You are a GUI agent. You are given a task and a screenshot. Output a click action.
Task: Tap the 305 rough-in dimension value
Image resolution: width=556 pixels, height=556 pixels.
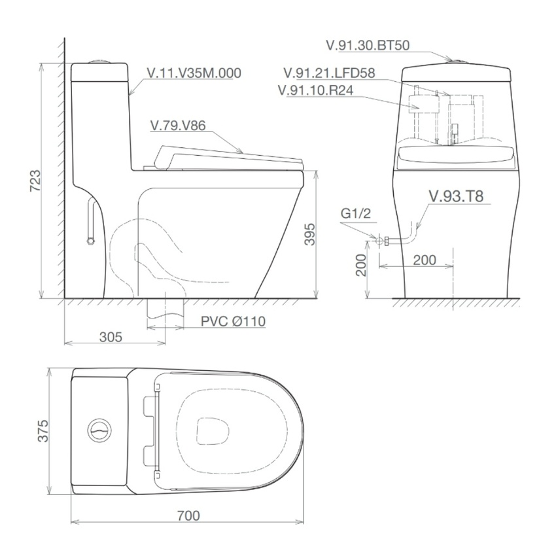point(111,337)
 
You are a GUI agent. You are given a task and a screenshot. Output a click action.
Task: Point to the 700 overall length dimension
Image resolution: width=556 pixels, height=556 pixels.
point(188,516)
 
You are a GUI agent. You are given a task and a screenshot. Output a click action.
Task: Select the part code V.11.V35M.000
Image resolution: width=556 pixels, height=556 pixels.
point(194,73)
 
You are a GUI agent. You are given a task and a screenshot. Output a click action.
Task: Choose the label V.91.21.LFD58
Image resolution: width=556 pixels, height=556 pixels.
point(329,73)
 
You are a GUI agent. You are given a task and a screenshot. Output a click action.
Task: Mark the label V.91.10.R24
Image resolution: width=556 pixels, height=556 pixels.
point(316,90)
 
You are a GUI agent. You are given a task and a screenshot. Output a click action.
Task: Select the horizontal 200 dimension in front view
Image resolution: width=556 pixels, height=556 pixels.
point(425,260)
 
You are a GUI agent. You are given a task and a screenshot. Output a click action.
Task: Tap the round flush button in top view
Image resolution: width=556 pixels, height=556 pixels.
point(99,430)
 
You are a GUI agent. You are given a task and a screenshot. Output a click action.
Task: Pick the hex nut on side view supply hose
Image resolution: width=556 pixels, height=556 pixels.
point(90,240)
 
